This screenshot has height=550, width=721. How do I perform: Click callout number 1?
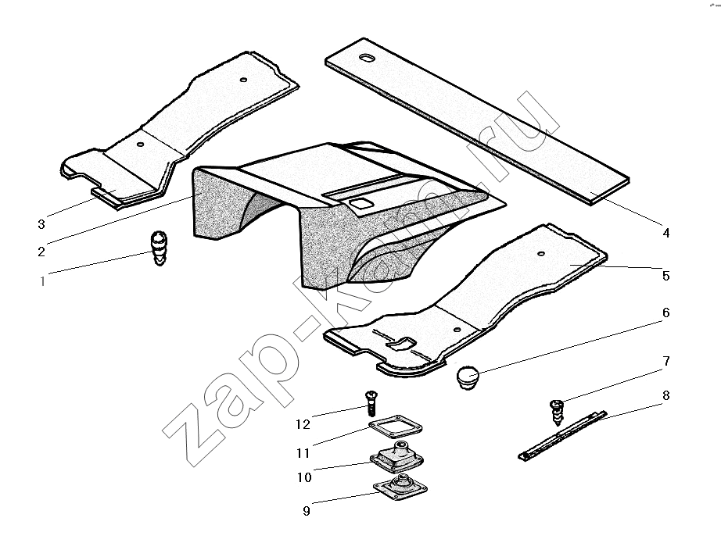(x=42, y=280)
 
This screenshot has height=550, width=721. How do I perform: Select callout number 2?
(x=41, y=252)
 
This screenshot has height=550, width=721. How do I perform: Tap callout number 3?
(x=41, y=224)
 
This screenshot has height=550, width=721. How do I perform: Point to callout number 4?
(x=665, y=233)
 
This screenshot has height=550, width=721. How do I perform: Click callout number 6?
(x=665, y=312)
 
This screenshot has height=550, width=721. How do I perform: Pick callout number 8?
(x=665, y=395)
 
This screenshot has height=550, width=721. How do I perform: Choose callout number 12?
(x=303, y=424)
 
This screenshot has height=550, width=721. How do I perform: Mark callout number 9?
(x=307, y=510)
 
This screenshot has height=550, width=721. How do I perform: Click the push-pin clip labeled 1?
(x=159, y=248)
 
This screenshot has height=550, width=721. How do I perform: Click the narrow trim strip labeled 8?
(x=562, y=435)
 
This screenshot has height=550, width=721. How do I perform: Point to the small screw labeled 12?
(x=371, y=402)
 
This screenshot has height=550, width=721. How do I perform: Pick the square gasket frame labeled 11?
(x=396, y=427)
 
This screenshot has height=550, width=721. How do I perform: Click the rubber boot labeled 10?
(x=396, y=455)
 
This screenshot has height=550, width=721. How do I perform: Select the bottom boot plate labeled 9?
(x=400, y=488)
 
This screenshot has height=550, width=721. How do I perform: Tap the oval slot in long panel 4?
(x=368, y=58)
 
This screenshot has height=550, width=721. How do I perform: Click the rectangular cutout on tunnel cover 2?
(x=360, y=202)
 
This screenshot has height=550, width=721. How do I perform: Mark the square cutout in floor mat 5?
(x=400, y=342)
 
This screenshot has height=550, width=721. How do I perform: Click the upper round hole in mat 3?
(x=244, y=80)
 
